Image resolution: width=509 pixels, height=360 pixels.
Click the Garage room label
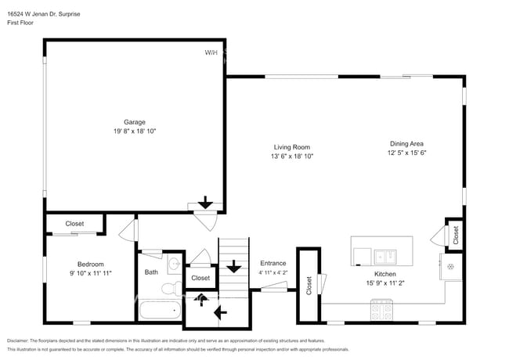[135, 121]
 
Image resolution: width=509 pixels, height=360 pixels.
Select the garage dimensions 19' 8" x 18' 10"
[135, 131]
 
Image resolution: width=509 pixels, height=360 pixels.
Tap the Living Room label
[291, 147]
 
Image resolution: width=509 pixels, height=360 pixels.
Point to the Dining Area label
[406, 143]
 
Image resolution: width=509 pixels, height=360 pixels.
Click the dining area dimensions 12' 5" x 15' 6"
[406, 153]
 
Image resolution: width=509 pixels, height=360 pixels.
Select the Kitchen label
[384, 273]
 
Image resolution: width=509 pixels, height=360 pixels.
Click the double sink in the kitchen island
[384, 255]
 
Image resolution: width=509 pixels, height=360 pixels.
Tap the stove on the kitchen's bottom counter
[381, 311]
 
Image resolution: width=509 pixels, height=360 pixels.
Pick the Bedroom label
[90, 264]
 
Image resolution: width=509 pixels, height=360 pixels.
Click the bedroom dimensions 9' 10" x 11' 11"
[90, 274]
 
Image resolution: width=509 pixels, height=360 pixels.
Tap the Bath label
[151, 272]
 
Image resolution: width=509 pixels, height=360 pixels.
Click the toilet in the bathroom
[168, 290]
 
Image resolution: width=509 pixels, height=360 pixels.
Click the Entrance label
[273, 263]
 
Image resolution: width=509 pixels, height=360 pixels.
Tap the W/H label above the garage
[211, 52]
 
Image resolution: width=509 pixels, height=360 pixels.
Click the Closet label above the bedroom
[74, 224]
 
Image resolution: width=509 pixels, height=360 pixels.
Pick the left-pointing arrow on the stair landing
[219, 313]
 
